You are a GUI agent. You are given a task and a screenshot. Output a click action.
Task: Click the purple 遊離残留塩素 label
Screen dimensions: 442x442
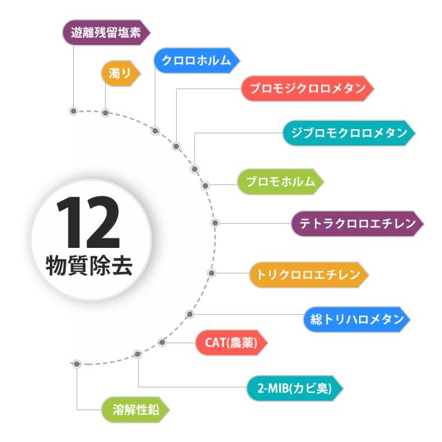[106, 32]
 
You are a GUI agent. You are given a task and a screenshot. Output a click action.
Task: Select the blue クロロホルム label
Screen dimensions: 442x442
[196, 60]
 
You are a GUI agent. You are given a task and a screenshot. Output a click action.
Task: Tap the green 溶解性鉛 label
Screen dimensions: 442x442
[135, 410]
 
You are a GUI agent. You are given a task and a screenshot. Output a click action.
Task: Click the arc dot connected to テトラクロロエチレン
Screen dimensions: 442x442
[215, 223]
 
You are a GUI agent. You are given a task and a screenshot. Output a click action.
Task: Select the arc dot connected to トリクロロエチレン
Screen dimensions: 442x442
[212, 273]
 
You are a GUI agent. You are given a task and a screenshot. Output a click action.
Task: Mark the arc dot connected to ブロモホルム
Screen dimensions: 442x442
[205, 185]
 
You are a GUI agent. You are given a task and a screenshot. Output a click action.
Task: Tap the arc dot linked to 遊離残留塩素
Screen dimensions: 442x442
[73, 110]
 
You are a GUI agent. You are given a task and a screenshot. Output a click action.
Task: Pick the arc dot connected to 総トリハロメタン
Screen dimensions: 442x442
[190, 314]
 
